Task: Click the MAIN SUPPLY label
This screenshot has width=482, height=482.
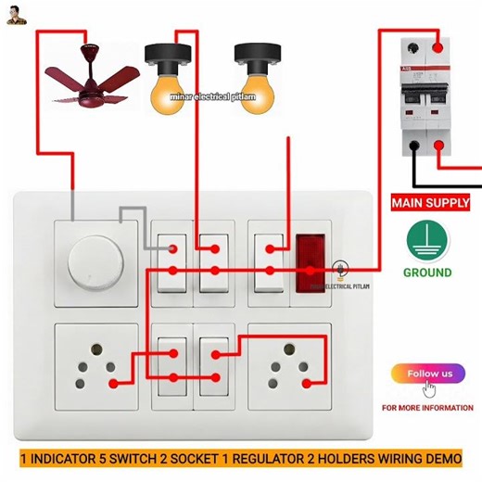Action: (430, 202)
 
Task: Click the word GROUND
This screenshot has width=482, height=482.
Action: (427, 273)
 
